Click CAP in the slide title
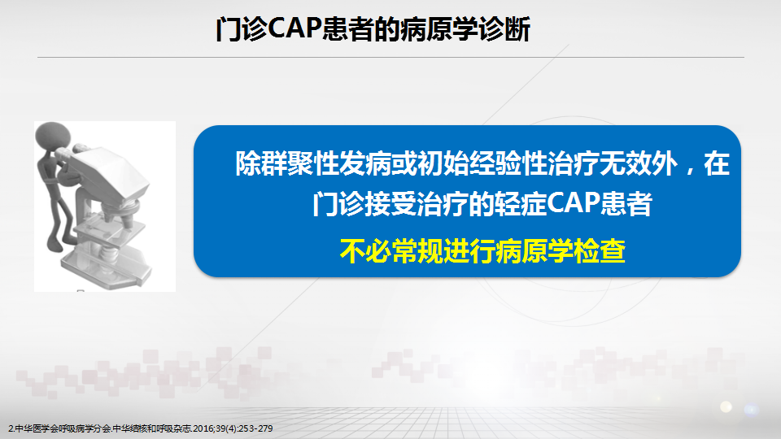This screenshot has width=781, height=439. pos(294,28)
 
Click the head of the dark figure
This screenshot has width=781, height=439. pos(53,137)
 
